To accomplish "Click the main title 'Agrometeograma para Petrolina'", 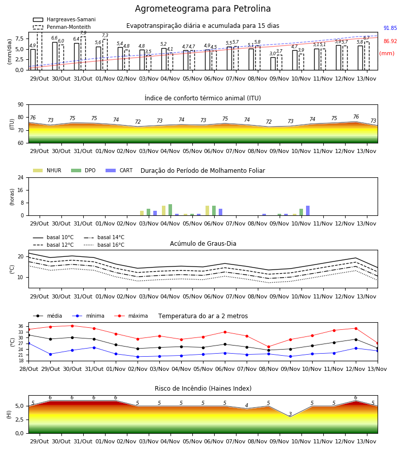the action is pos(202,9).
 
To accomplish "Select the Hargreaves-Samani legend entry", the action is pos(64,19).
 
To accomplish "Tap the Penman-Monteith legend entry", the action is pos(62,27).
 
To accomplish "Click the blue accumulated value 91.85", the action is pos(390,28).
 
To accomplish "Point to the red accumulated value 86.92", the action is pos(390,42).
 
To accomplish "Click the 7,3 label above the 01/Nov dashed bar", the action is pos(105,35).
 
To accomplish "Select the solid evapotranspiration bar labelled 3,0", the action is pos(273,64).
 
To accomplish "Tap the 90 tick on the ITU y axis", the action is pos(21,105).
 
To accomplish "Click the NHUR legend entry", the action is pos(47,170).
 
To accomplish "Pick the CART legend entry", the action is pos(119,170).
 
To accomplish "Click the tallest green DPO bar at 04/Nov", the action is pos(170,210).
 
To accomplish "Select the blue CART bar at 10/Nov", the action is pos(308,211).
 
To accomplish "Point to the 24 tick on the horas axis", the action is pos(21,178).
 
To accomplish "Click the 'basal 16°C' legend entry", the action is pos(104,245).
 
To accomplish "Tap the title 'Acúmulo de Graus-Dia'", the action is pos(203,244).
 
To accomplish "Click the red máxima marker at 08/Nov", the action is pos(269,347).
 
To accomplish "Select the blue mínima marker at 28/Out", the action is pos(28,344).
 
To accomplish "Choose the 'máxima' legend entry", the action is pos(131,316).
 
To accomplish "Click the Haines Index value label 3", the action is pos(290,414).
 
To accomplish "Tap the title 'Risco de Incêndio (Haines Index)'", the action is pos(203,389).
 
